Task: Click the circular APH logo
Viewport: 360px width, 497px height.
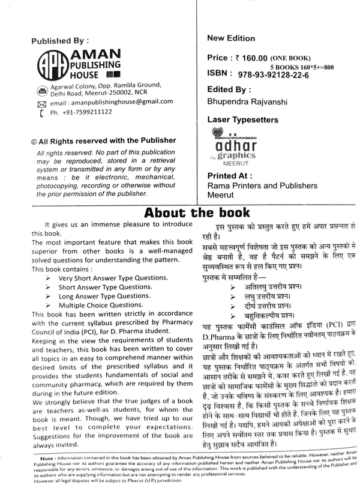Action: (52, 65)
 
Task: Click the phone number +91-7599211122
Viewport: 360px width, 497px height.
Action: (81, 112)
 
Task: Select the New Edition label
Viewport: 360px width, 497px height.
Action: (231, 38)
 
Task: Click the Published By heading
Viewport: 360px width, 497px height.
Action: (59, 41)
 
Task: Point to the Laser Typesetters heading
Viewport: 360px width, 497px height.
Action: (242, 120)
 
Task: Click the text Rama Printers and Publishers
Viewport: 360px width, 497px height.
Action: (262, 186)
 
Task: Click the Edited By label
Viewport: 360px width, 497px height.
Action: (229, 90)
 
